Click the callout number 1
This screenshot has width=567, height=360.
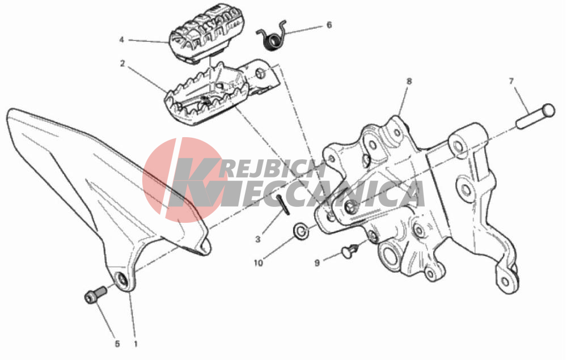click(x=136, y=344)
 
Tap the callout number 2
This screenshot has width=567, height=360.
click(x=122, y=63)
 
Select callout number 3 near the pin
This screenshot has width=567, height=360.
click(x=258, y=239)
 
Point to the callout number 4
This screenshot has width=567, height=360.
click(x=121, y=40)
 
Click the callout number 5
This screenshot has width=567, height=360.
click(x=117, y=344)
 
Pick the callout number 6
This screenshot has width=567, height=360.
click(x=329, y=25)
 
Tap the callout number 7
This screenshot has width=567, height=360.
click(x=511, y=82)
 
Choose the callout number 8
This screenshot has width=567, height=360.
click(x=409, y=81)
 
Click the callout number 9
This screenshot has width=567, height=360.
click(x=317, y=263)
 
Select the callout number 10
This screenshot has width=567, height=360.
click(x=258, y=263)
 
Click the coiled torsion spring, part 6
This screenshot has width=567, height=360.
click(x=273, y=36)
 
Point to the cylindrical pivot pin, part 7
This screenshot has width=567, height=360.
click(x=536, y=116)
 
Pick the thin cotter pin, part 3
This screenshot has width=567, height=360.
click(x=283, y=205)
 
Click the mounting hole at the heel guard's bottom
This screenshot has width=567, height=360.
click(x=121, y=279)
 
